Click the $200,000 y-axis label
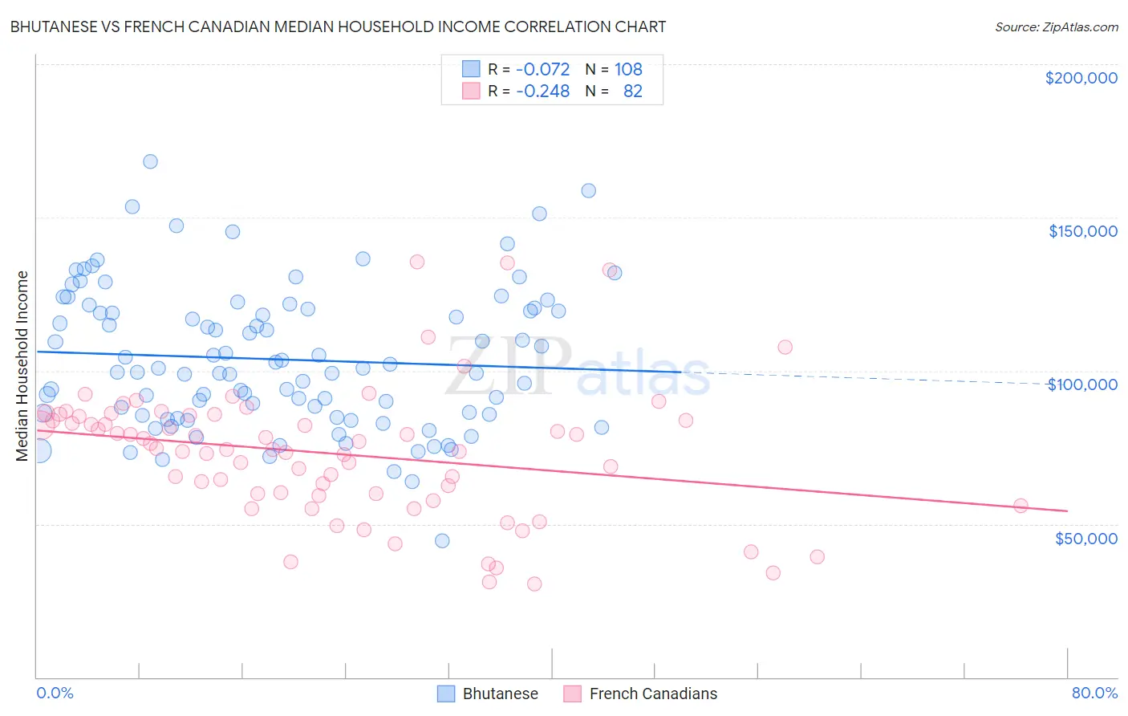[x=1081, y=78]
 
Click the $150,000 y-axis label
[x=1082, y=231]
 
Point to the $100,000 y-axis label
[x=1082, y=384]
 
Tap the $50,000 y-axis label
[x=1085, y=538]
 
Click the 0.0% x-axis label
[x=55, y=693]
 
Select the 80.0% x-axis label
[x=1094, y=693]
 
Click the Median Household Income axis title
[x=22, y=366]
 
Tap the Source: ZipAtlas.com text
[x=1056, y=26]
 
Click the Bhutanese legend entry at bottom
[x=488, y=694]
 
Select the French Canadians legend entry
[x=640, y=694]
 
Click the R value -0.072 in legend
[x=542, y=69]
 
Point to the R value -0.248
[x=542, y=91]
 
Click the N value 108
[x=628, y=69]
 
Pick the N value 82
[x=632, y=91]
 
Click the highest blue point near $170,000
[x=150, y=161]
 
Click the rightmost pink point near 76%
[x=1020, y=506]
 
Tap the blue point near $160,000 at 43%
[x=588, y=191]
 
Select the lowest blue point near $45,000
[x=442, y=541]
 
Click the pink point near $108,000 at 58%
[x=785, y=347]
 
